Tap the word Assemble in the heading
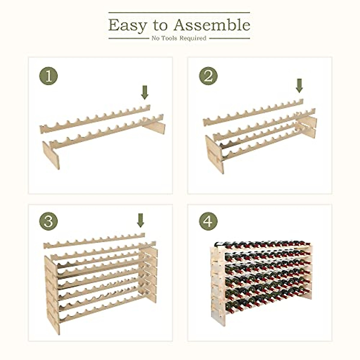[212, 25]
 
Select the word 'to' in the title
[160, 26]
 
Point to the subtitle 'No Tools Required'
[179, 38]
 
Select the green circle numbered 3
[48, 222]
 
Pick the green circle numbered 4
[208, 222]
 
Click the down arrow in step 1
[145, 92]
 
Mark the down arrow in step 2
[299, 85]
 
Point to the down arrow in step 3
[140, 220]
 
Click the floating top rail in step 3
[94, 241]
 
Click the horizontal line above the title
[179, 13]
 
